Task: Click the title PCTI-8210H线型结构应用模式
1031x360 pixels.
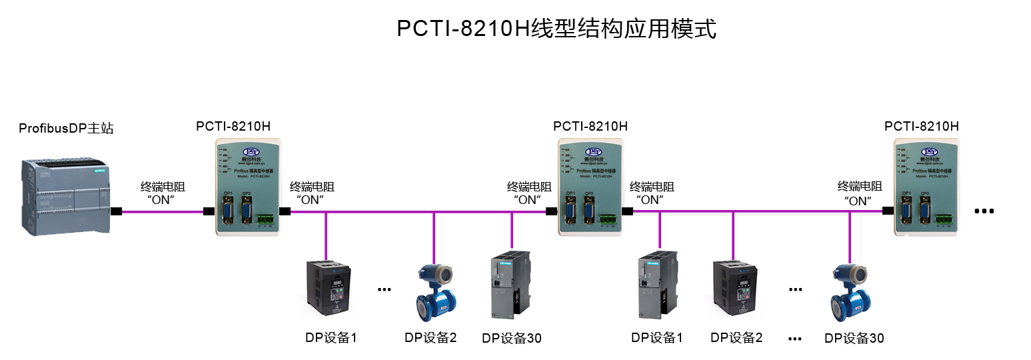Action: tap(556, 29)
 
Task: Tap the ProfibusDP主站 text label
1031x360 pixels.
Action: tap(66, 128)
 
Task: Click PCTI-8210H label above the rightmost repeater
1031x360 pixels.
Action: tap(921, 126)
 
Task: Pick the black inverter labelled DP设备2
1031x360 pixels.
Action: tap(736, 288)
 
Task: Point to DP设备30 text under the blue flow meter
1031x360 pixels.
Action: tap(854, 338)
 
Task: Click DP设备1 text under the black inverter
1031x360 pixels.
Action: tap(331, 337)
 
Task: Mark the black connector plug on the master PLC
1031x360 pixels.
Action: tap(116, 212)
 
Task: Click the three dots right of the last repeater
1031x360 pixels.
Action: tap(984, 211)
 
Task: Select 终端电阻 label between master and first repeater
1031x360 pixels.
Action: tap(162, 187)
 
